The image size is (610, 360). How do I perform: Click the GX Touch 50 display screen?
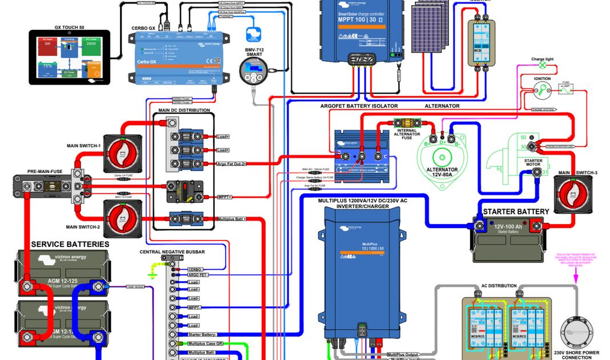click(x=68, y=58)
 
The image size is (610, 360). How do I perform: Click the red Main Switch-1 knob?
click(x=122, y=153)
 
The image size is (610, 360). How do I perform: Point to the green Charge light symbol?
click(x=542, y=65)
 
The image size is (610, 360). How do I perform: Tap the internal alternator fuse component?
click(x=406, y=122)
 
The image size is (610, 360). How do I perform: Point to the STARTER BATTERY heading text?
click(x=516, y=211)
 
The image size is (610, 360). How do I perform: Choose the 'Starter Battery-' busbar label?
click(x=202, y=334)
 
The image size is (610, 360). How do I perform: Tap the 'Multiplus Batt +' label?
click(x=232, y=219)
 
